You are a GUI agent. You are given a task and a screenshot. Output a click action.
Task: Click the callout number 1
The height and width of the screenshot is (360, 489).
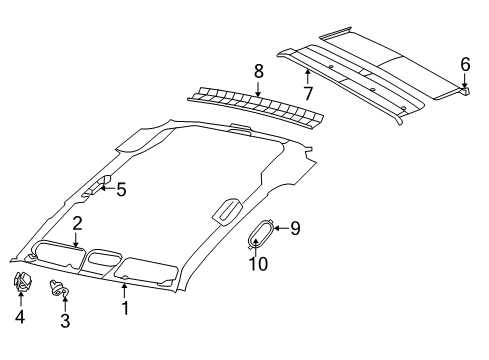click(x=125, y=310)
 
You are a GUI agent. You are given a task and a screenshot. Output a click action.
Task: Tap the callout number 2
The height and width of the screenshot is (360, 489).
click(x=76, y=223)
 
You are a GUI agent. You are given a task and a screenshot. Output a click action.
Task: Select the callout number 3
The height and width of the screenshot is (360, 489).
click(x=66, y=320)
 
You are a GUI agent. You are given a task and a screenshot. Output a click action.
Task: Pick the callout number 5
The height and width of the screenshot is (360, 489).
click(x=121, y=188)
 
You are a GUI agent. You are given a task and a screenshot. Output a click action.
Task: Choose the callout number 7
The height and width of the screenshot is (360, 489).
click(x=307, y=94)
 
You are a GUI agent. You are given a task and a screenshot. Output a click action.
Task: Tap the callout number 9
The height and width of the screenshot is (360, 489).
click(x=294, y=229)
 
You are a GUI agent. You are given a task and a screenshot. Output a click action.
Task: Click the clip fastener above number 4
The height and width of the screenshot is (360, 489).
click(x=22, y=284)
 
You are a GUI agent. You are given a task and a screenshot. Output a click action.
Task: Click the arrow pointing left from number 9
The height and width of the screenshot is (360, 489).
click(x=279, y=229)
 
